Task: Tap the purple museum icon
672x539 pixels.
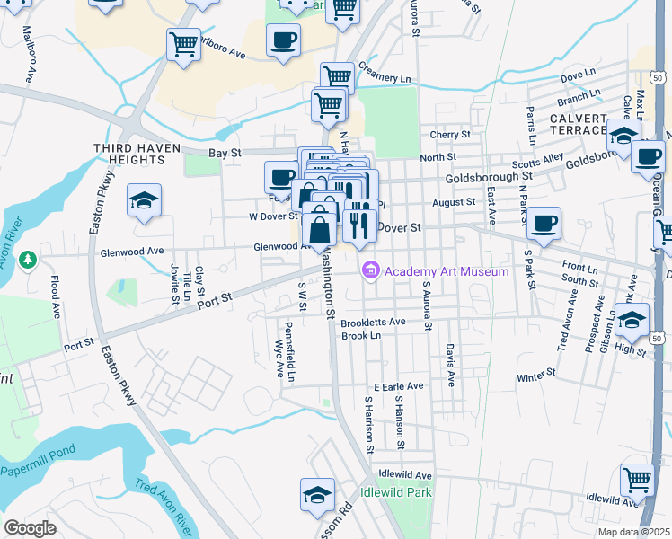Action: (x=369, y=270)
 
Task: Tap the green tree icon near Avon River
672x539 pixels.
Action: (x=28, y=260)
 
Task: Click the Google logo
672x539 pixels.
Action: (x=30, y=528)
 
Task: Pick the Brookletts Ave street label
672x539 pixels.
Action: (x=374, y=322)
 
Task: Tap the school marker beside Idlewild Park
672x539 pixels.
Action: (x=317, y=495)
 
